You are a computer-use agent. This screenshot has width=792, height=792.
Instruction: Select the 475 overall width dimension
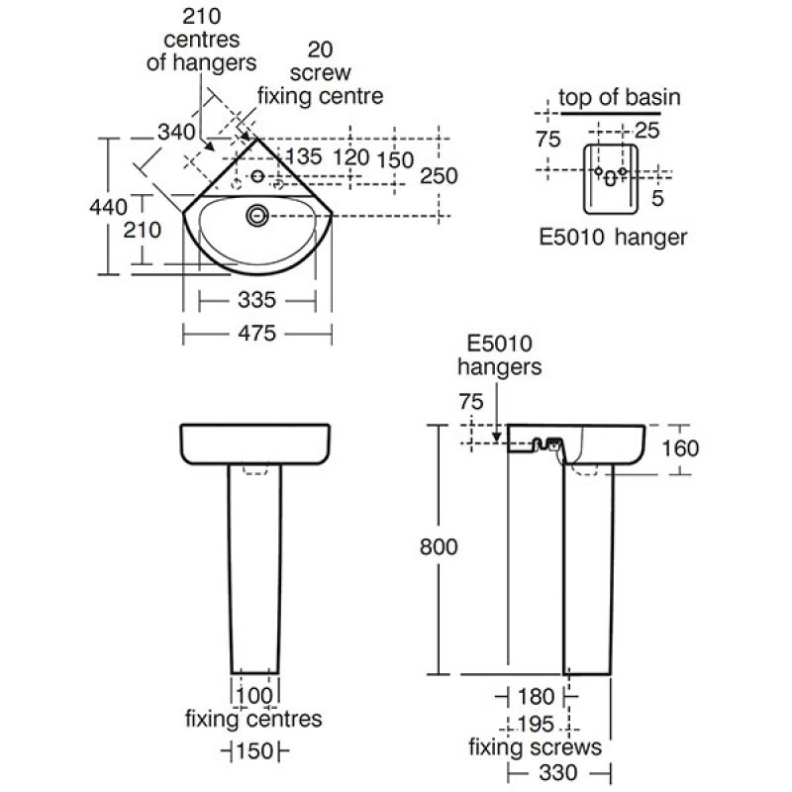(255, 334)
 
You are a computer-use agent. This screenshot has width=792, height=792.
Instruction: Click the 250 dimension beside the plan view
(439, 175)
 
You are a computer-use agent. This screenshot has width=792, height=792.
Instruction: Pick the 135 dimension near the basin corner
(305, 156)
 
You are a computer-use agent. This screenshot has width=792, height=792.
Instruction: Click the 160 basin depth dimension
(679, 447)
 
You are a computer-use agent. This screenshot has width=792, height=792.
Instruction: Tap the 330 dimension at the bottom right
(558, 772)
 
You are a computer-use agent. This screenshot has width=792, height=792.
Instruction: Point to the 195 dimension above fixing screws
(535, 724)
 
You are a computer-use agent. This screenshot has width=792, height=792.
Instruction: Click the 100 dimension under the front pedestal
(255, 695)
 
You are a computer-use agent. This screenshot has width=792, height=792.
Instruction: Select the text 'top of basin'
(620, 97)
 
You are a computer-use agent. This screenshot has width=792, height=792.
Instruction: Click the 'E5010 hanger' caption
(613, 237)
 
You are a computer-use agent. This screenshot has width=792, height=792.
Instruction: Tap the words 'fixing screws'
(536, 746)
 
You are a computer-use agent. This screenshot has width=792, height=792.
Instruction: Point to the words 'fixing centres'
(253, 719)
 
